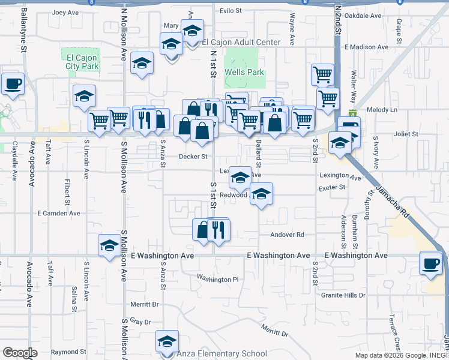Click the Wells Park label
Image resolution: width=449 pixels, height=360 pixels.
(x=244, y=72)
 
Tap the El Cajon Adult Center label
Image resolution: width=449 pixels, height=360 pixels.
(x=241, y=42)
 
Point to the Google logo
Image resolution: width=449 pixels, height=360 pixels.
(x=20, y=352)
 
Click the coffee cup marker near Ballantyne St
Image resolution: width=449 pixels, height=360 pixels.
(x=13, y=84)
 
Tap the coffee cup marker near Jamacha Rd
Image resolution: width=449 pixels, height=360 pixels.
(x=432, y=263)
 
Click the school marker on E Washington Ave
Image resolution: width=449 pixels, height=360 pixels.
(x=109, y=245)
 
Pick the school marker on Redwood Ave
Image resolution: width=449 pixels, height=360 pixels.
(x=261, y=194)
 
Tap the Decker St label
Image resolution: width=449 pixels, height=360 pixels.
(x=193, y=157)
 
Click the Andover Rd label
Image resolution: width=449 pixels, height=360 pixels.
(x=288, y=235)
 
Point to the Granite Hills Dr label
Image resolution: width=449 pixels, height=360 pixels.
(x=343, y=295)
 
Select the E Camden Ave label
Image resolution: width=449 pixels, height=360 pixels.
(x=58, y=213)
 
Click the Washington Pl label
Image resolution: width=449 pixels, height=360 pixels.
(x=218, y=279)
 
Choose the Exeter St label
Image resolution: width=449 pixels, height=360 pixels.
(x=333, y=188)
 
